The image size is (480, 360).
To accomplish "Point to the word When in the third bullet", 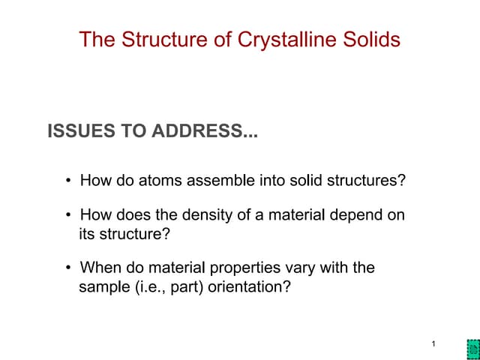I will [x=98, y=268].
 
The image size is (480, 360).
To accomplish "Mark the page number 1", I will [x=434, y=343].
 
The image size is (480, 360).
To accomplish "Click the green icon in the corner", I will [x=472, y=349].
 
